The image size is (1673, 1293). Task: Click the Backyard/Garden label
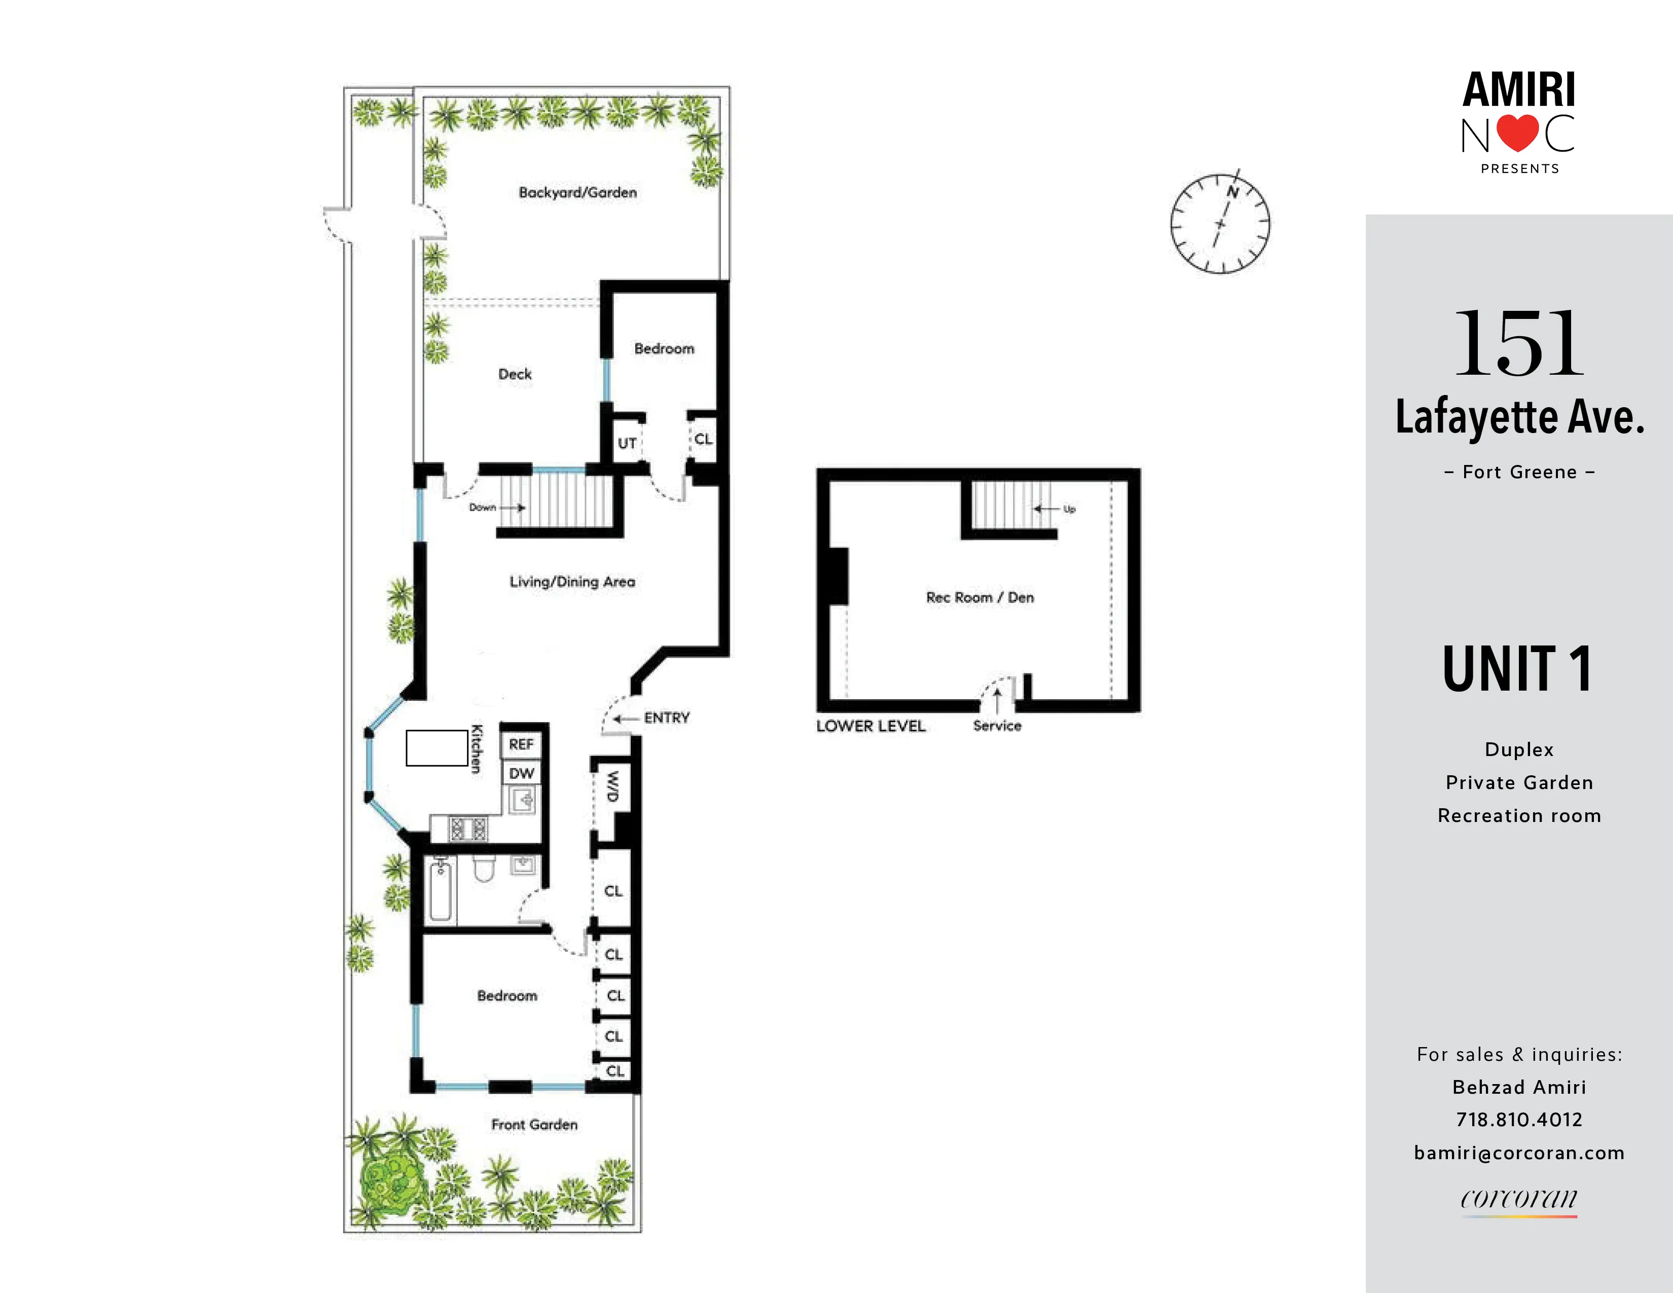577,192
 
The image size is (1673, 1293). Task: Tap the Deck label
515,374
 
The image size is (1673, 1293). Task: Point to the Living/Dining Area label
572,582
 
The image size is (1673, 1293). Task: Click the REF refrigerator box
521,744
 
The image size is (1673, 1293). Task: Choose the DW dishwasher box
521,773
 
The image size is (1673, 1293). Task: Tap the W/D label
612,786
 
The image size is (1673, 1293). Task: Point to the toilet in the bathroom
483,870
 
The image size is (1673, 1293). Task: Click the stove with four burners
468,829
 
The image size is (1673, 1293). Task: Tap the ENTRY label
667,717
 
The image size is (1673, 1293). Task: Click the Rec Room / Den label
980,597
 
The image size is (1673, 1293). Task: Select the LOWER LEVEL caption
870,726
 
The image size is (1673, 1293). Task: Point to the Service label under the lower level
997,726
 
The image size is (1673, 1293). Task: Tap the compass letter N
1232,192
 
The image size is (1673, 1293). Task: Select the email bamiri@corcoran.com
1519,1153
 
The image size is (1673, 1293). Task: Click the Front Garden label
534,1125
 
